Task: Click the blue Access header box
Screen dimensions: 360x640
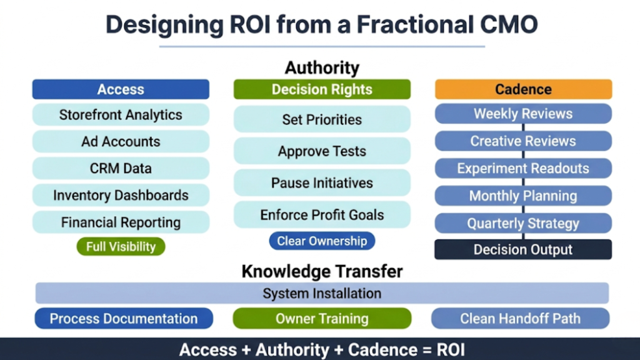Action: (121, 89)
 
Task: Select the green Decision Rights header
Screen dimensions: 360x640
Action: (322, 89)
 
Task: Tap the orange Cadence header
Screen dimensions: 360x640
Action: (523, 89)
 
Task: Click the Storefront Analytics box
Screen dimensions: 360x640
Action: (121, 115)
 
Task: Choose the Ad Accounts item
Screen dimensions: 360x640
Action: (121, 142)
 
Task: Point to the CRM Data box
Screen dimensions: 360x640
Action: (121, 169)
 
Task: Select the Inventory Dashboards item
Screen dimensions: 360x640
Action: (121, 195)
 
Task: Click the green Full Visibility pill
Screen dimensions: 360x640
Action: (121, 246)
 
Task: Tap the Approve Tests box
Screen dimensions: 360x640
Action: (322, 151)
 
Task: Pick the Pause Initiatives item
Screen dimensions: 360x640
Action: (322, 183)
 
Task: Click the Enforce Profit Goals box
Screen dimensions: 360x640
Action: (322, 215)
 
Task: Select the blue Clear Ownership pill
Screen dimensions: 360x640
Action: (322, 241)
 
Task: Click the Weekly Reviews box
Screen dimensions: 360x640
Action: (523, 114)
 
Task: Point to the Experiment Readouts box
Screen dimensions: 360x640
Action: (523, 169)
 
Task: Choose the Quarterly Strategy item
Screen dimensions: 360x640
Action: (523, 223)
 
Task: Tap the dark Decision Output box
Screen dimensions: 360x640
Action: (523, 250)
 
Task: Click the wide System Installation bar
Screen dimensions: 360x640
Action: (322, 293)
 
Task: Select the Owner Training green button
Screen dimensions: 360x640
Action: (322, 319)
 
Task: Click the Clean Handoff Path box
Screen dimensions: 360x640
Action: (520, 319)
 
